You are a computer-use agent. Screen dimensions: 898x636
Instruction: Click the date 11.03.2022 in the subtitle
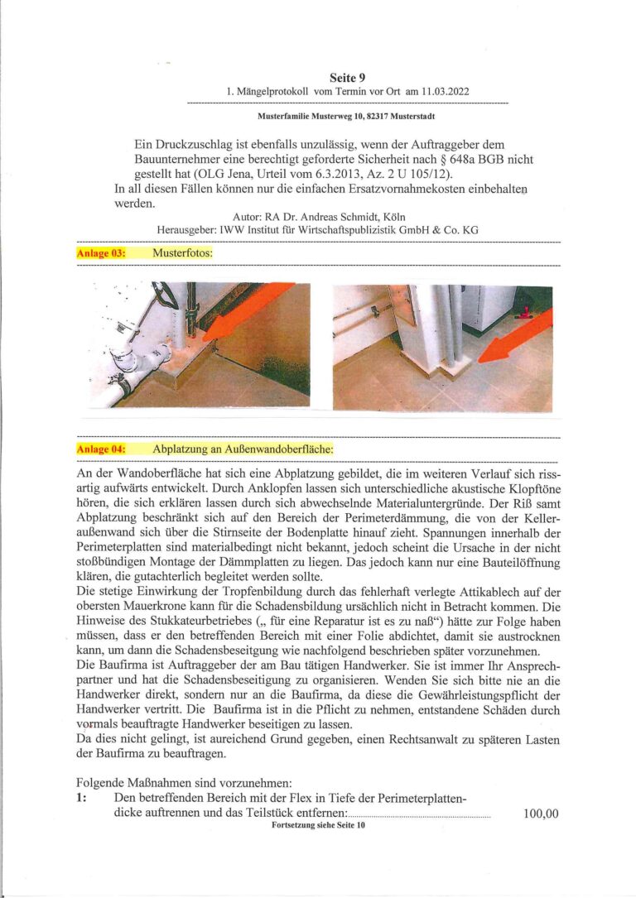click(442, 91)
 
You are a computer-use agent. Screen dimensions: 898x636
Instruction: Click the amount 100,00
click(541, 814)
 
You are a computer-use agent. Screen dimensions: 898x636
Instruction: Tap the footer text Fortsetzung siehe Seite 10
click(318, 826)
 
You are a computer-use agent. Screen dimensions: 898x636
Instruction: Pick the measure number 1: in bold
click(81, 798)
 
